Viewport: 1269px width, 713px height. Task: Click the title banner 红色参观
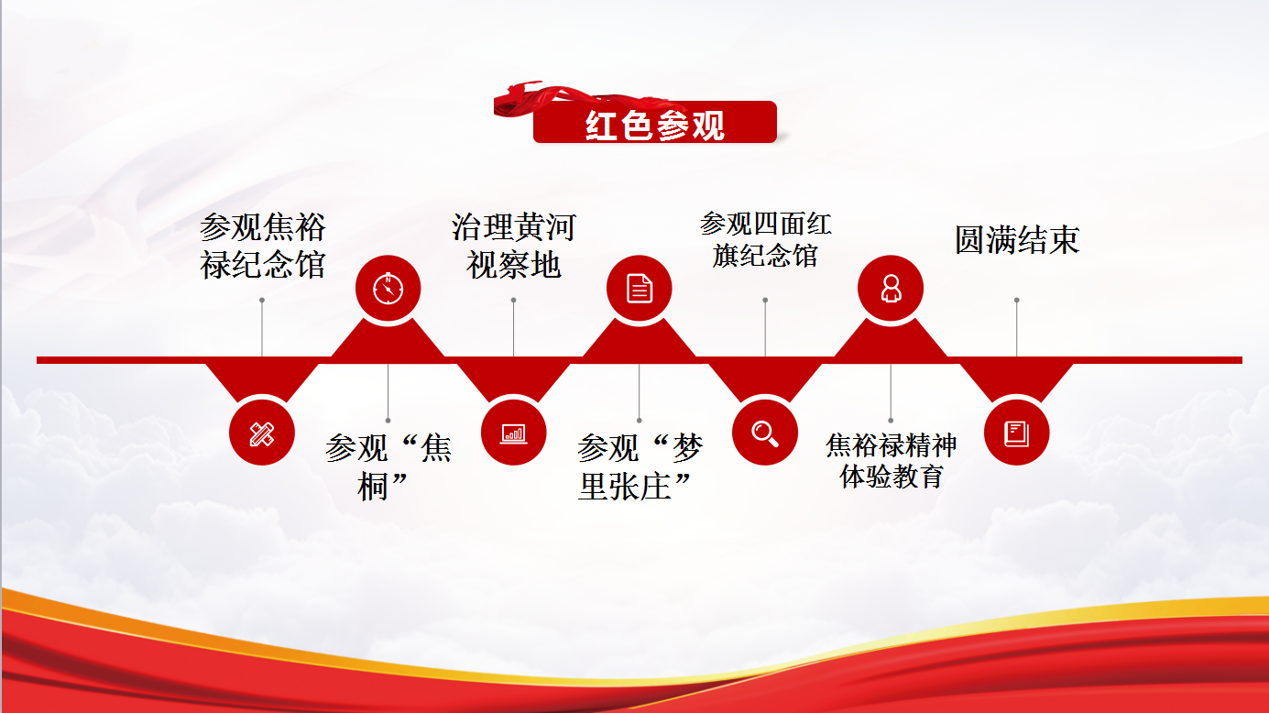click(654, 123)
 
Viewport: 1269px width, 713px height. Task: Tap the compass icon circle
click(388, 289)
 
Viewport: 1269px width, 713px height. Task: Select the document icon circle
click(639, 289)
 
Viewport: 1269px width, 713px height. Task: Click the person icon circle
click(891, 289)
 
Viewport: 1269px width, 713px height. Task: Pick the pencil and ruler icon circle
click(262, 433)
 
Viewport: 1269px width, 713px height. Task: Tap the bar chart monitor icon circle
click(513, 433)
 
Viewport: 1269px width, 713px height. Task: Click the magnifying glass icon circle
click(765, 433)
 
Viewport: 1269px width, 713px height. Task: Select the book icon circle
click(1016, 433)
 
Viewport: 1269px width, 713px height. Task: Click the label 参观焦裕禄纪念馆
click(262, 246)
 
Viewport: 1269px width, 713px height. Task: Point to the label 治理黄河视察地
click(514, 246)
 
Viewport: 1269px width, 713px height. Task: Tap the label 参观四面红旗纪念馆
click(765, 240)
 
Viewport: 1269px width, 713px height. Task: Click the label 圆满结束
click(1017, 240)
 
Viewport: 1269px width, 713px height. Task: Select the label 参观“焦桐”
click(388, 467)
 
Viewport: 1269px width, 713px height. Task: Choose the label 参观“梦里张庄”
click(640, 467)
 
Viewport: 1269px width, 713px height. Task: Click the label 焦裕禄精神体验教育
click(892, 461)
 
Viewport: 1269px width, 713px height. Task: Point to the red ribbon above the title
click(572, 99)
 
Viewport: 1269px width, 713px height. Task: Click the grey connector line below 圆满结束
click(1017, 328)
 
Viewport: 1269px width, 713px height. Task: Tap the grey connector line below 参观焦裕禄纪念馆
click(262, 328)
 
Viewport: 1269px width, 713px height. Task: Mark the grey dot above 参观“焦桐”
click(388, 421)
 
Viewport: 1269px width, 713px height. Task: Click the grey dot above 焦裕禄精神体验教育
click(891, 421)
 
